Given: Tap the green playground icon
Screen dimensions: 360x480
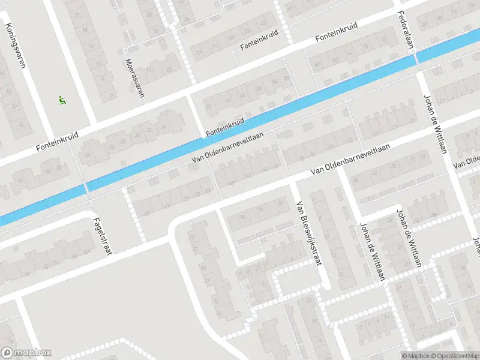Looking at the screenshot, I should [61, 100].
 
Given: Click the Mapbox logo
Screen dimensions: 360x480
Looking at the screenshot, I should [26, 353].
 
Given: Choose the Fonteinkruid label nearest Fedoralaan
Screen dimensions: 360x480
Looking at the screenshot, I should [337, 33].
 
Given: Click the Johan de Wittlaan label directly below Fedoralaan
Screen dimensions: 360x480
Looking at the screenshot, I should [435, 123].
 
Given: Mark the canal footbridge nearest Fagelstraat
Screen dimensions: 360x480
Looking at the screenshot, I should [87, 187].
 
